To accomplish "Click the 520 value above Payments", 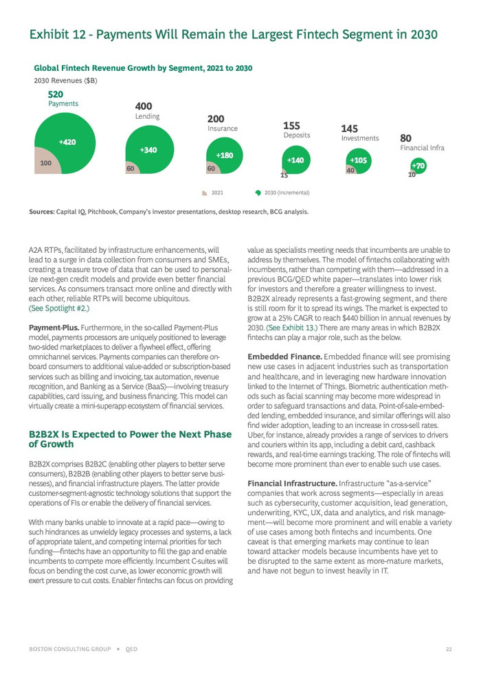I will [56, 94].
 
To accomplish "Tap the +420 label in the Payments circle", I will [67, 142].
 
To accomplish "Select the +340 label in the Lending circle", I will [148, 150].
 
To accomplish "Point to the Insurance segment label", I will [223, 128].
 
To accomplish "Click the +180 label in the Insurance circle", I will [225, 155].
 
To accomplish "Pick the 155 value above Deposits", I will [291, 126].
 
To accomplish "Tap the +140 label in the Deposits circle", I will [295, 160].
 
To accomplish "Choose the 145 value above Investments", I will [349, 129].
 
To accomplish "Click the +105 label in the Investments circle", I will [358, 160].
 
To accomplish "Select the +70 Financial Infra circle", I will [418, 166].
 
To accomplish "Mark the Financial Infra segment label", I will [422, 148].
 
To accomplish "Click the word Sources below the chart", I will [41, 212].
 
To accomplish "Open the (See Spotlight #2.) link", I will [59, 309].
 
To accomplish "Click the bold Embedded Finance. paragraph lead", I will [279, 357].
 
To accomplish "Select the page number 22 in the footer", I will [448, 648].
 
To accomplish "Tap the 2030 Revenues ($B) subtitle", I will [65, 81].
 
